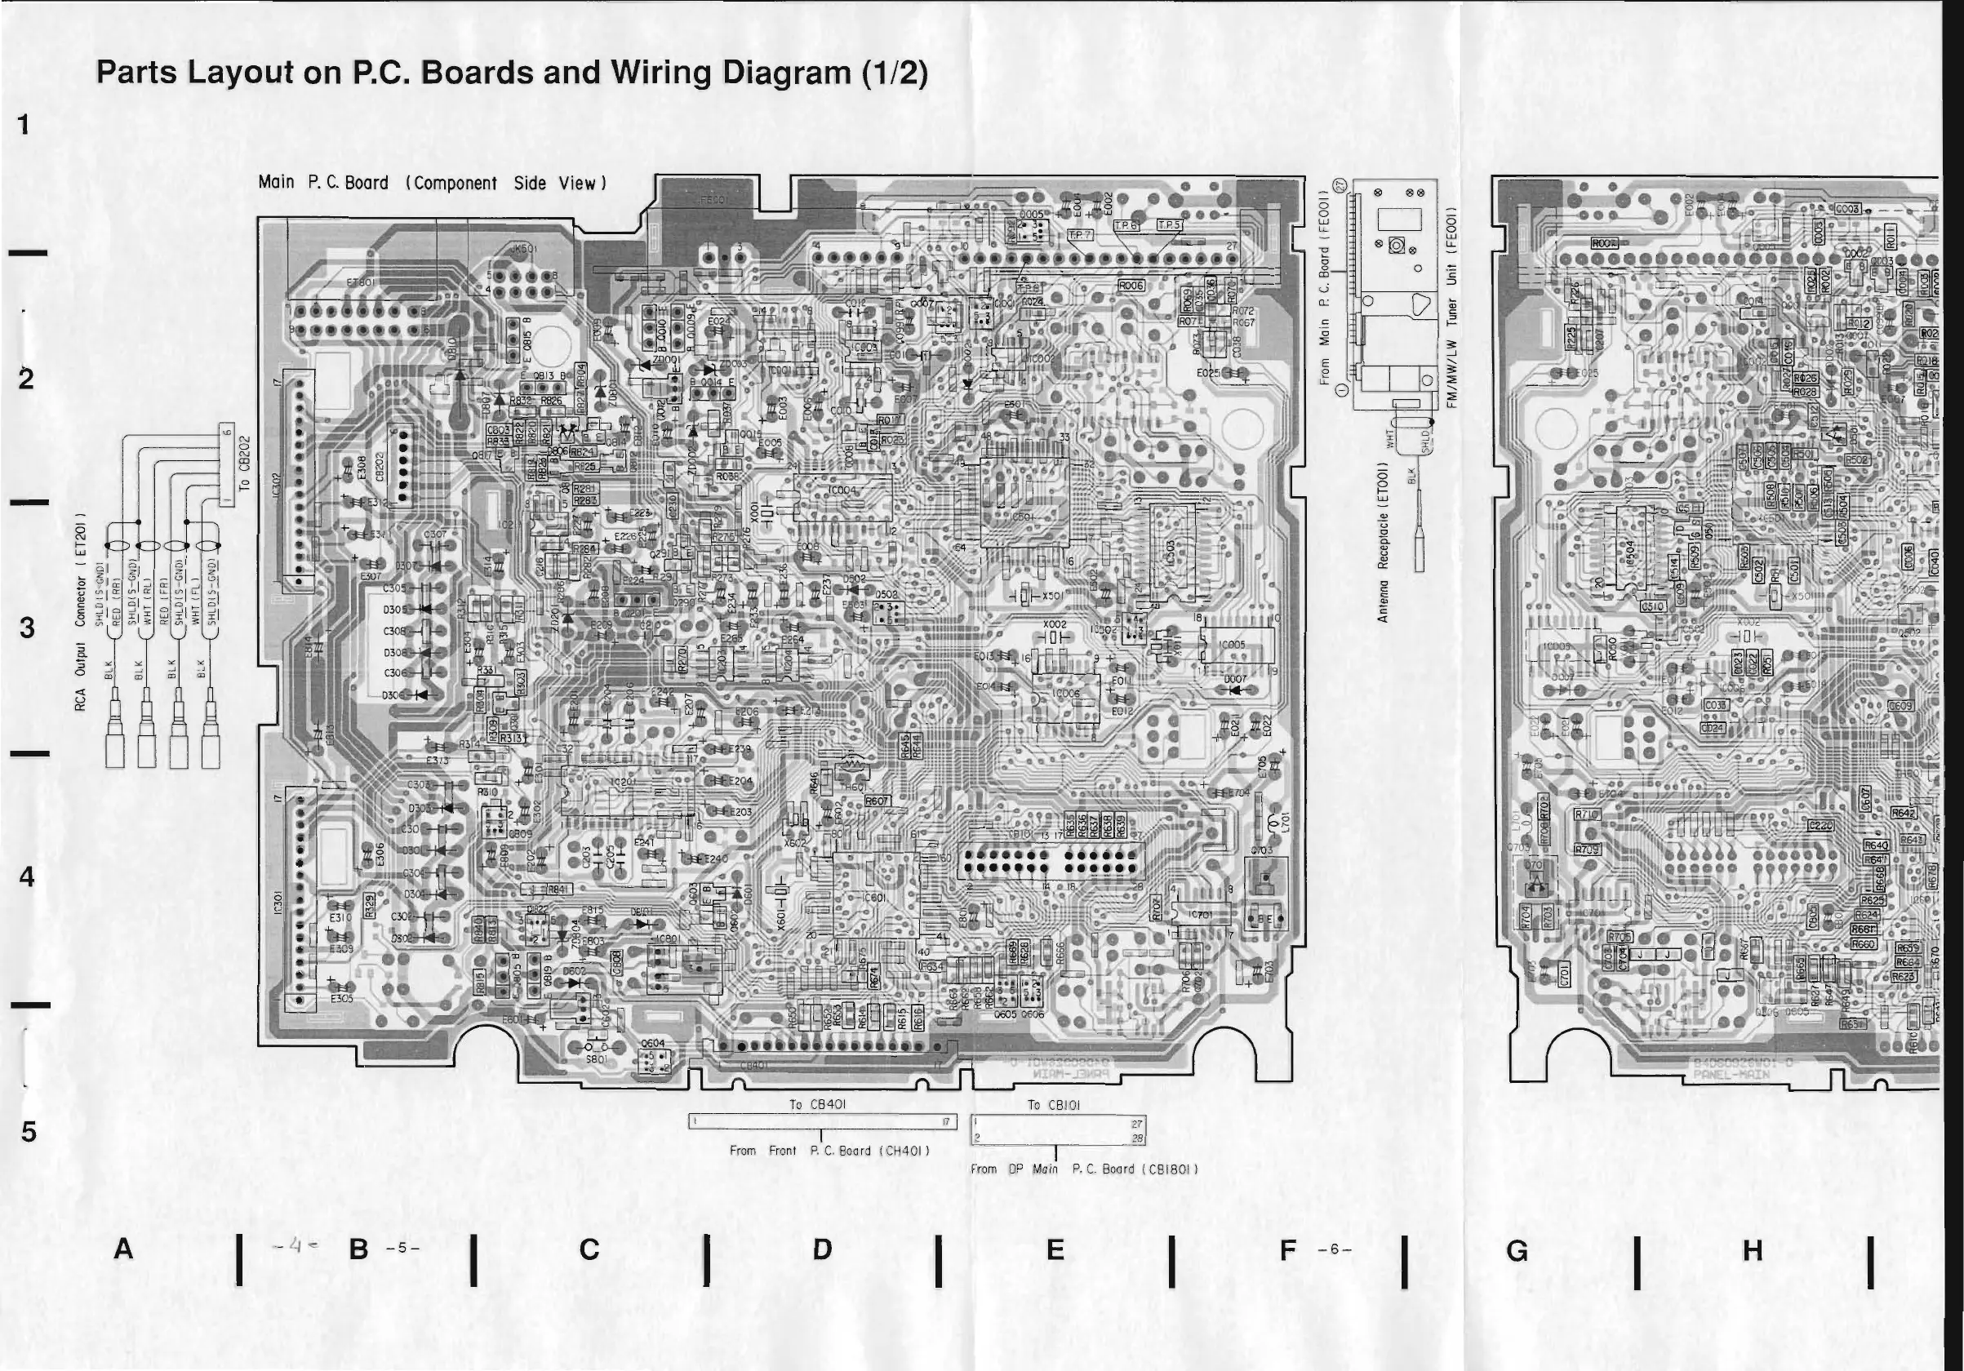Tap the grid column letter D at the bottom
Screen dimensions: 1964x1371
[x=822, y=1250]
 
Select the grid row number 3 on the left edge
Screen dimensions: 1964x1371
[x=28, y=628]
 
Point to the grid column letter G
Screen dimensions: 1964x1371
[x=1517, y=1251]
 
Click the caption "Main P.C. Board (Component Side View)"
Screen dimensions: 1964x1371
[x=432, y=183]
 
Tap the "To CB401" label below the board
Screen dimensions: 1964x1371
[x=817, y=1104]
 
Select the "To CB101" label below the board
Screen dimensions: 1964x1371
[x=1054, y=1105]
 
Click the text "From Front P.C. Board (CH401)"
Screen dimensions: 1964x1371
[x=829, y=1151]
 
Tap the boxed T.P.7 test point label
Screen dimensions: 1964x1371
[x=1081, y=234]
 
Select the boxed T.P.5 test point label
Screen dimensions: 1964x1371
[x=1169, y=226]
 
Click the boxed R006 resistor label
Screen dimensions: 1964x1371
[x=1131, y=285]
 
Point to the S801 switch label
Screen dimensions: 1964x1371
[x=595, y=1058]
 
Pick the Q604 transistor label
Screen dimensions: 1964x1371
[x=653, y=1044]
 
